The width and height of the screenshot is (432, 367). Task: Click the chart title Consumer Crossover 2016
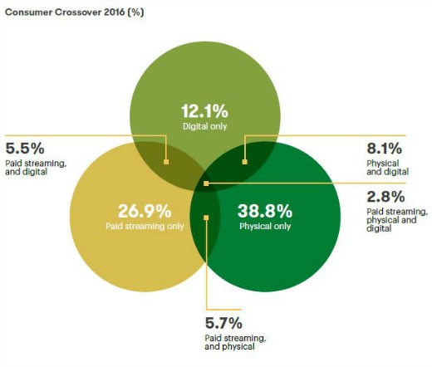65,12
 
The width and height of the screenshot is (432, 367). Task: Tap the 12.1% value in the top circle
204,111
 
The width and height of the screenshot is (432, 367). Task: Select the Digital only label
204,126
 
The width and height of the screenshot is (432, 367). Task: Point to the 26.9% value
145,211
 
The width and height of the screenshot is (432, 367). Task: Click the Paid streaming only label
145,226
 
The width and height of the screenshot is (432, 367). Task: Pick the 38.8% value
265,211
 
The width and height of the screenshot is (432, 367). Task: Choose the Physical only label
265,226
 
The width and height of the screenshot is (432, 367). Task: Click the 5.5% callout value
25,149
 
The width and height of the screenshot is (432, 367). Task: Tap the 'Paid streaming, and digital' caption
36,168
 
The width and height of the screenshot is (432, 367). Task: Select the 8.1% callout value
385,149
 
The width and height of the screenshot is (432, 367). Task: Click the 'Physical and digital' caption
388,168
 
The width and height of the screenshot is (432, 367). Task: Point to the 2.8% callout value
385,197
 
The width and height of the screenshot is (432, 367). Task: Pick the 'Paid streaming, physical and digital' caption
397,220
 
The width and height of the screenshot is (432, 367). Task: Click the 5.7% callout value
223,323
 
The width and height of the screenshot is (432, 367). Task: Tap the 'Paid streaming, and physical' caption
235,342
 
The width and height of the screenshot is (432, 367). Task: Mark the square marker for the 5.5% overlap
166,162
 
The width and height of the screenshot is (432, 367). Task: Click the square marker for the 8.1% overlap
244,162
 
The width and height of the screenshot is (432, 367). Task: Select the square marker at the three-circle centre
206,183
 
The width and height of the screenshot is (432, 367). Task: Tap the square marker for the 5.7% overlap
206,218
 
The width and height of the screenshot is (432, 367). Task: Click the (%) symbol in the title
135,12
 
